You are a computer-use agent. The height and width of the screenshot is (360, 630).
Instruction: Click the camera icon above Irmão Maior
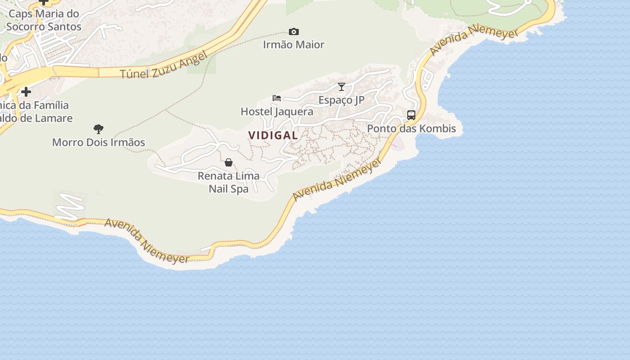tap(294, 31)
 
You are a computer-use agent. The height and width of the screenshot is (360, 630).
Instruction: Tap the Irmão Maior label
tap(294, 45)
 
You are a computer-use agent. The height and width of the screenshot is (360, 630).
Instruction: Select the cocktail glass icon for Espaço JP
tap(342, 86)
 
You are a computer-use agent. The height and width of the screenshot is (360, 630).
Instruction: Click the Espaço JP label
tap(342, 100)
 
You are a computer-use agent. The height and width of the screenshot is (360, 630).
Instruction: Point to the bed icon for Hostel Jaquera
tap(277, 98)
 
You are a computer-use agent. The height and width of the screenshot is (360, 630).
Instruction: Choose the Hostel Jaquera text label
tap(277, 112)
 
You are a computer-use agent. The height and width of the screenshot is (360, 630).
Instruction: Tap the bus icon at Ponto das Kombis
tap(411, 115)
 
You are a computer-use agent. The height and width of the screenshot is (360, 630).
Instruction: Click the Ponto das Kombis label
tap(411, 129)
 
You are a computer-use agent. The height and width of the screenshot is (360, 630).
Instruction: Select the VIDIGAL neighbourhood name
tap(273, 135)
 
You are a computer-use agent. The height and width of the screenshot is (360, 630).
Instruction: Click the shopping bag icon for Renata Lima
tap(229, 162)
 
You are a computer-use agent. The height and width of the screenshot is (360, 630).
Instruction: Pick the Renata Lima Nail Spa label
tap(229, 182)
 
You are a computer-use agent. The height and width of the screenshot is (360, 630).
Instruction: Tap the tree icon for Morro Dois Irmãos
tap(99, 129)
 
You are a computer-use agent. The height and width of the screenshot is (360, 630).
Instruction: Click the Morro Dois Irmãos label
tap(99, 143)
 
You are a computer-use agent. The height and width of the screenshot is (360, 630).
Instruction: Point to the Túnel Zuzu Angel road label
tap(164, 65)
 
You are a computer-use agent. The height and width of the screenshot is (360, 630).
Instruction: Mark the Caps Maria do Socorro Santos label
tap(44, 20)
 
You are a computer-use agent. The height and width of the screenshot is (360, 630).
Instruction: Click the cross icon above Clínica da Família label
tap(26, 92)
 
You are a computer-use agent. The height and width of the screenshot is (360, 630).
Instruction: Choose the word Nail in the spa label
tap(218, 189)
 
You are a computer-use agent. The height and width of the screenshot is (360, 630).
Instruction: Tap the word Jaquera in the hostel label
tap(295, 112)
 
